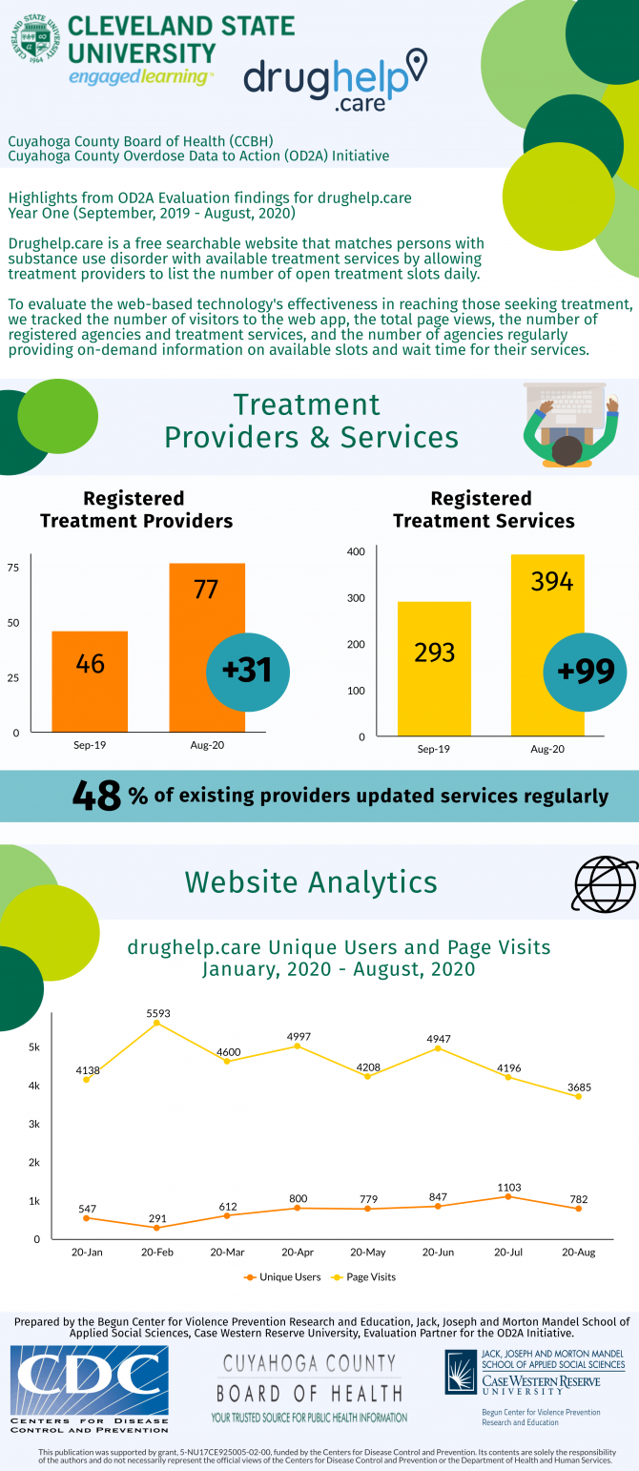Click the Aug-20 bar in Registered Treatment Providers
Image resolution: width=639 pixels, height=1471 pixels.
click(x=207, y=649)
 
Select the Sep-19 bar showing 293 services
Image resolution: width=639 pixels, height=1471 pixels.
click(x=434, y=669)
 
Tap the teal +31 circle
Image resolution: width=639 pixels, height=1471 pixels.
click(x=246, y=670)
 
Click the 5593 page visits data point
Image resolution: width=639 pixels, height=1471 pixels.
click(x=157, y=1024)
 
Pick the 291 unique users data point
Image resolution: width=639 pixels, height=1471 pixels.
click(x=157, y=1228)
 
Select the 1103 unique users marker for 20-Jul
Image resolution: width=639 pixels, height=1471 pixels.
click(x=508, y=1196)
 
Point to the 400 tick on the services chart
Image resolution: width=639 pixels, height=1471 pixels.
click(x=356, y=551)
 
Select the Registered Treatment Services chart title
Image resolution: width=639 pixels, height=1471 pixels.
click(x=483, y=509)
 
